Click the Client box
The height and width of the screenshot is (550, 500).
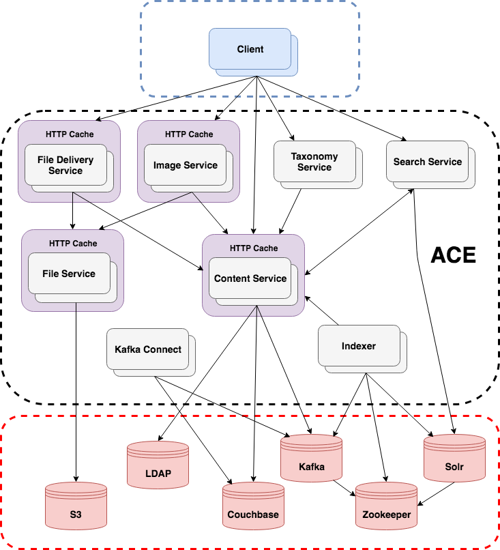(250, 49)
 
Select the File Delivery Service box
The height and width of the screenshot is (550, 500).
(65, 165)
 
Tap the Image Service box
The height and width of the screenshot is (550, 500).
(185, 165)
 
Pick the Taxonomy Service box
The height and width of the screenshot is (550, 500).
(314, 162)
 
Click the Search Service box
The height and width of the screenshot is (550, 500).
(427, 162)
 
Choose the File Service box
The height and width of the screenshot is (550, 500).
(69, 274)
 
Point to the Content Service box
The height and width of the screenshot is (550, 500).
(250, 278)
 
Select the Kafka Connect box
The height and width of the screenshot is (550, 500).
(148, 349)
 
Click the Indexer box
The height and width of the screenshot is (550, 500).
(359, 346)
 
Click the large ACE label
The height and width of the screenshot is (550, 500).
(453, 256)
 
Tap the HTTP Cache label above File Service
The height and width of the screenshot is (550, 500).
(72, 243)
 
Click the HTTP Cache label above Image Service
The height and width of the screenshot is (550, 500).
(188, 134)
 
